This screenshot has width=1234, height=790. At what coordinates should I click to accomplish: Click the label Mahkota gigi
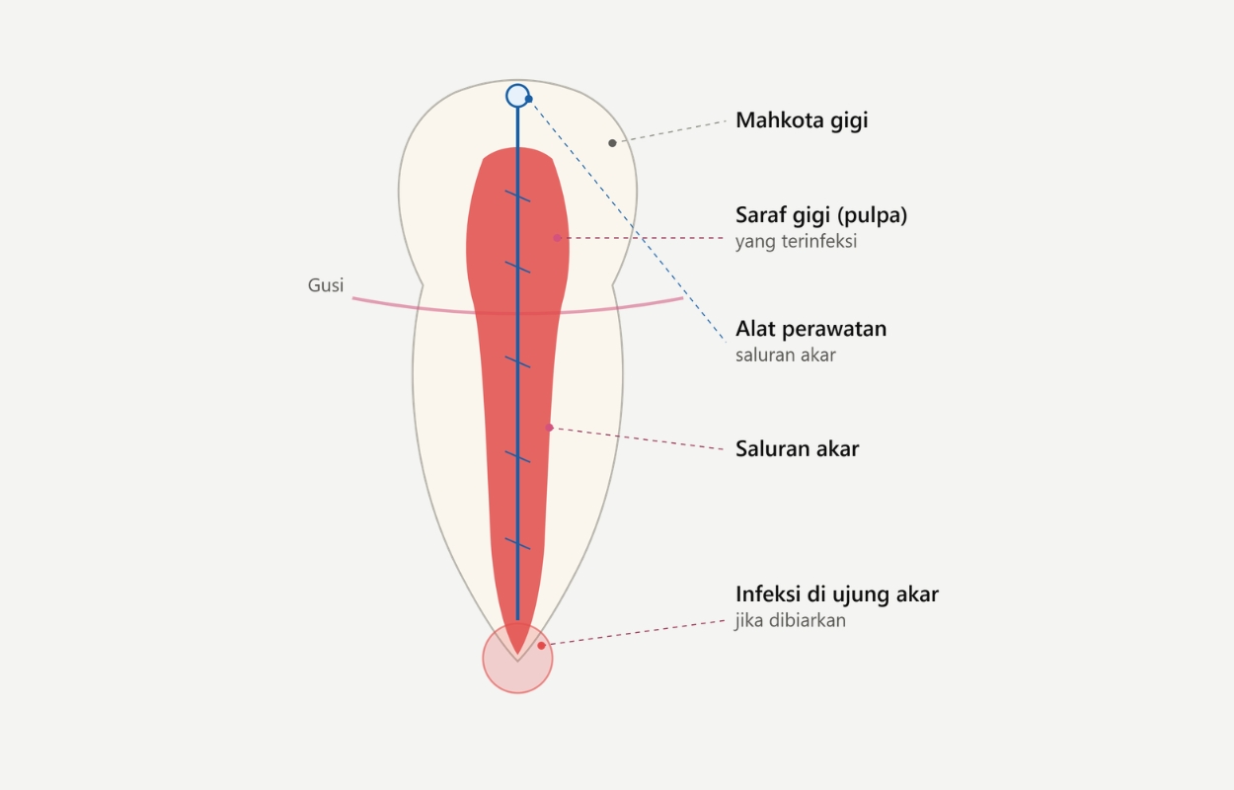(802, 120)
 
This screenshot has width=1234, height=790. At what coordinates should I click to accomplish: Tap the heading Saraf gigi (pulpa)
(820, 215)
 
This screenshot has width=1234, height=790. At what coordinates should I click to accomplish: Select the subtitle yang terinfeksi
(796, 241)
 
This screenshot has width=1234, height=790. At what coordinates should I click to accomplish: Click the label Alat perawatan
(810, 329)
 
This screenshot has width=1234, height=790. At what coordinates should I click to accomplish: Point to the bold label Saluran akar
(797, 449)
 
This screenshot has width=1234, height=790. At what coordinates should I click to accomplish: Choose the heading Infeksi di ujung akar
(837, 594)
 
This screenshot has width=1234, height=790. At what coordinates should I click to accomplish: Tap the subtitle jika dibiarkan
(791, 620)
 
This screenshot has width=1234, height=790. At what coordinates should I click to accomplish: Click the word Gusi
(326, 285)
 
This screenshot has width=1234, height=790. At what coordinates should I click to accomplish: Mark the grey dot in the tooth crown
(612, 143)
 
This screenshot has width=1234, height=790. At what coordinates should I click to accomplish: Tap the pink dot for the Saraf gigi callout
(557, 238)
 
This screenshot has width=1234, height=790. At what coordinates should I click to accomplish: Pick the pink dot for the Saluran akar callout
(549, 428)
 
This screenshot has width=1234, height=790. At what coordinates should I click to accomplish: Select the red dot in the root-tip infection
(541, 646)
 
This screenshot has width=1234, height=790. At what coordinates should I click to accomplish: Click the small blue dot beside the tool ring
(529, 99)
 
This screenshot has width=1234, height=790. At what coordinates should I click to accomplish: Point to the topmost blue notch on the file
(517, 197)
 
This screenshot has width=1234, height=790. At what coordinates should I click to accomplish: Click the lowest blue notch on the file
(517, 544)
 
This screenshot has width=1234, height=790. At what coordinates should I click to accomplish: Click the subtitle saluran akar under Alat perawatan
(786, 355)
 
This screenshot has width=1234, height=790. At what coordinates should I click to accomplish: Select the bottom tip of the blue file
(517, 620)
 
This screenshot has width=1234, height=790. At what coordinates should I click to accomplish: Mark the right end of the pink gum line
(682, 298)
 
